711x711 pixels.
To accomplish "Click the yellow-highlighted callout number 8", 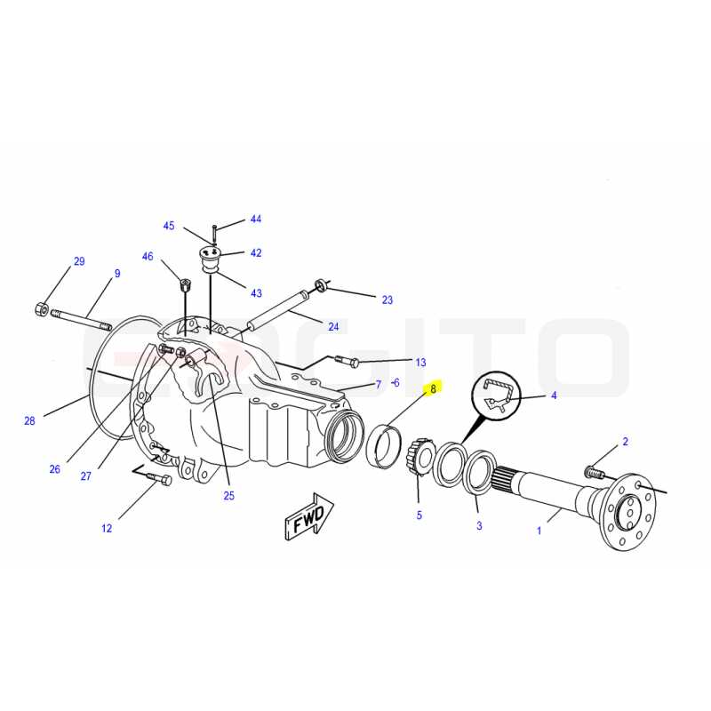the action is pos(433,388).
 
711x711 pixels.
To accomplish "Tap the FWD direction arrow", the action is pos(309,516).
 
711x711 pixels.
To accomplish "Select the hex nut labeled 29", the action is pos(42,309).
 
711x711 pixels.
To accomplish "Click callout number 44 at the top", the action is pos(256,219).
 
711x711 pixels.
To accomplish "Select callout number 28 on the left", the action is pos(29,420).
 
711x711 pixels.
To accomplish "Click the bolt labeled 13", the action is pos(347,361).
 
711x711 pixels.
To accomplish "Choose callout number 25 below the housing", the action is pos(229,496).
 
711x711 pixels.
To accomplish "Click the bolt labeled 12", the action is pos(160,478).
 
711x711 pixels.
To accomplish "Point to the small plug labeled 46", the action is pos(186,285).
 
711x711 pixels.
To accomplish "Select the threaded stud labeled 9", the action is pos(81,319).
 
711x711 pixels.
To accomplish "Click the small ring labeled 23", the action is pos(322,285).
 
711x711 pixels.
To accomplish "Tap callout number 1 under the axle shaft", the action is pos(539,530).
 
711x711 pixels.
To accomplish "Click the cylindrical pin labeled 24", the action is pos(277,312).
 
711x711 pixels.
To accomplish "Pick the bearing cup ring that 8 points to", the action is pos(384,445).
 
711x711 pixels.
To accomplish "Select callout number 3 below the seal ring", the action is pos(479,525).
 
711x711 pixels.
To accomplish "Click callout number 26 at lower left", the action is pos(54,469).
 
